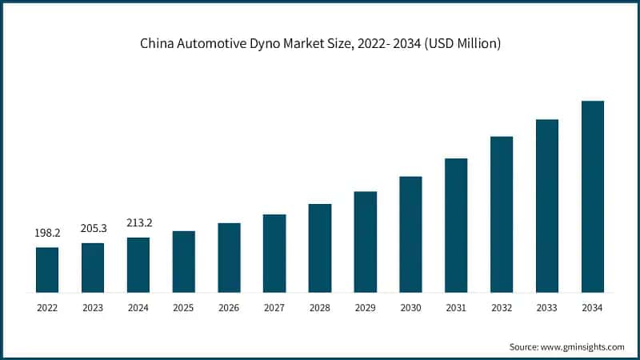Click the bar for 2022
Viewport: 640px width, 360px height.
click(x=47, y=270)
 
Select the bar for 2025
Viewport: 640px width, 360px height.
click(x=183, y=262)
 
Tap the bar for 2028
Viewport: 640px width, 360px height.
click(x=320, y=248)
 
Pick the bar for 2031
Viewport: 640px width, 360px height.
click(x=456, y=225)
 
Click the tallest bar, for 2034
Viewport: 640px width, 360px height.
click(x=592, y=196)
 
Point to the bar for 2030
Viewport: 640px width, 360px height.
click(x=410, y=234)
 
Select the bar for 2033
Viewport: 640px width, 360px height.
click(x=547, y=206)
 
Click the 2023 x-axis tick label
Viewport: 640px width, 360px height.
click(x=93, y=308)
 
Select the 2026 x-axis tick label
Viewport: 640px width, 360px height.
click(x=229, y=308)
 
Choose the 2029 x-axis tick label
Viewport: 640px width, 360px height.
click(x=365, y=308)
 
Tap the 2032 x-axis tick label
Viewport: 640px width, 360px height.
click(x=502, y=308)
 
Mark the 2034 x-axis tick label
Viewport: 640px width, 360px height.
click(x=592, y=308)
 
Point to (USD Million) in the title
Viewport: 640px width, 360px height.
click(x=462, y=44)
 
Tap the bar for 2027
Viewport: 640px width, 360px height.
click(x=274, y=253)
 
